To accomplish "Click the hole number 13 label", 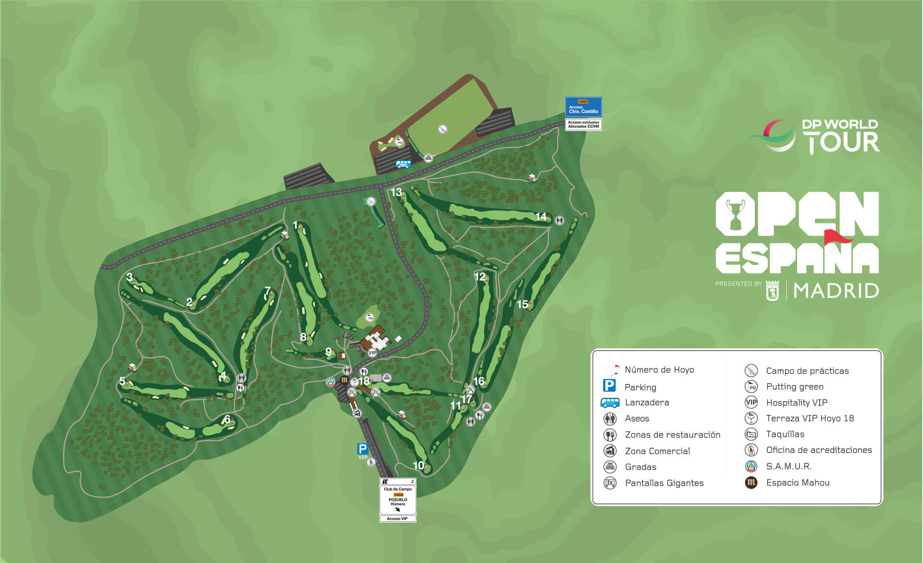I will point(396,192).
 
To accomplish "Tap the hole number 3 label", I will point(129,277).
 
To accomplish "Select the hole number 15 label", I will point(522,304).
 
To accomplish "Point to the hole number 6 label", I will point(227,419).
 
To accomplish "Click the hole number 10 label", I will point(418,465).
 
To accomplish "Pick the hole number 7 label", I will point(268,291).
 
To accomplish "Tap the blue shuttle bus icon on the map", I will point(403,164).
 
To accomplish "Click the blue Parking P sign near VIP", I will point(362,449).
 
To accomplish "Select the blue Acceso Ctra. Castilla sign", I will point(583,107).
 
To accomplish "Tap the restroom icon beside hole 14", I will point(559,220).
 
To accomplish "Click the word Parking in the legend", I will point(640,387).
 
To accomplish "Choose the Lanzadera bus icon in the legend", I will point(610,403).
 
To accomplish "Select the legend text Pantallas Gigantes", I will point(664,483).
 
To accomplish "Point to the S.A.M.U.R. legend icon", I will point(751,466).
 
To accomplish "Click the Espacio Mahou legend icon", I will point(751,482).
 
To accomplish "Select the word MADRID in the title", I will point(836,291).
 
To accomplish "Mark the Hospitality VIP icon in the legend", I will point(751,403).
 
